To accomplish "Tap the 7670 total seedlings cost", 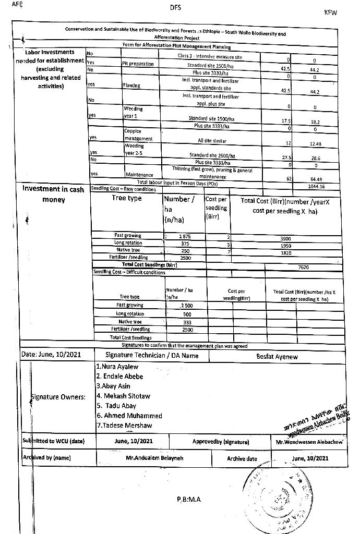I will (303, 266).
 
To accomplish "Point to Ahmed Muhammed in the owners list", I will (129, 416).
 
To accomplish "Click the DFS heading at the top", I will (176, 8).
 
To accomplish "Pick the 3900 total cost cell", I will (285, 238).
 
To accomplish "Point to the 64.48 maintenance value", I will (316, 179).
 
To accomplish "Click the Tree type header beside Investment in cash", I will (127, 198).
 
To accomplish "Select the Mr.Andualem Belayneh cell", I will (154, 458).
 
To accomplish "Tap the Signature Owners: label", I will (58, 397).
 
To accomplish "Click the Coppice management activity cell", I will (138, 135).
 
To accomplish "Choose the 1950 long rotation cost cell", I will (285, 245).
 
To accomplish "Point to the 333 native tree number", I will (187, 322).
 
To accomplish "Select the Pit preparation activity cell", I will (138, 64).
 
